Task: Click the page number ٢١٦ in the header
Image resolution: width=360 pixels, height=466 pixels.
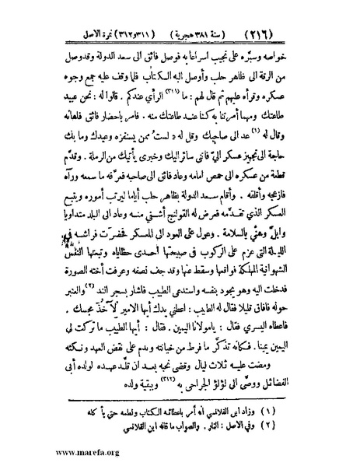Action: click(323, 14)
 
